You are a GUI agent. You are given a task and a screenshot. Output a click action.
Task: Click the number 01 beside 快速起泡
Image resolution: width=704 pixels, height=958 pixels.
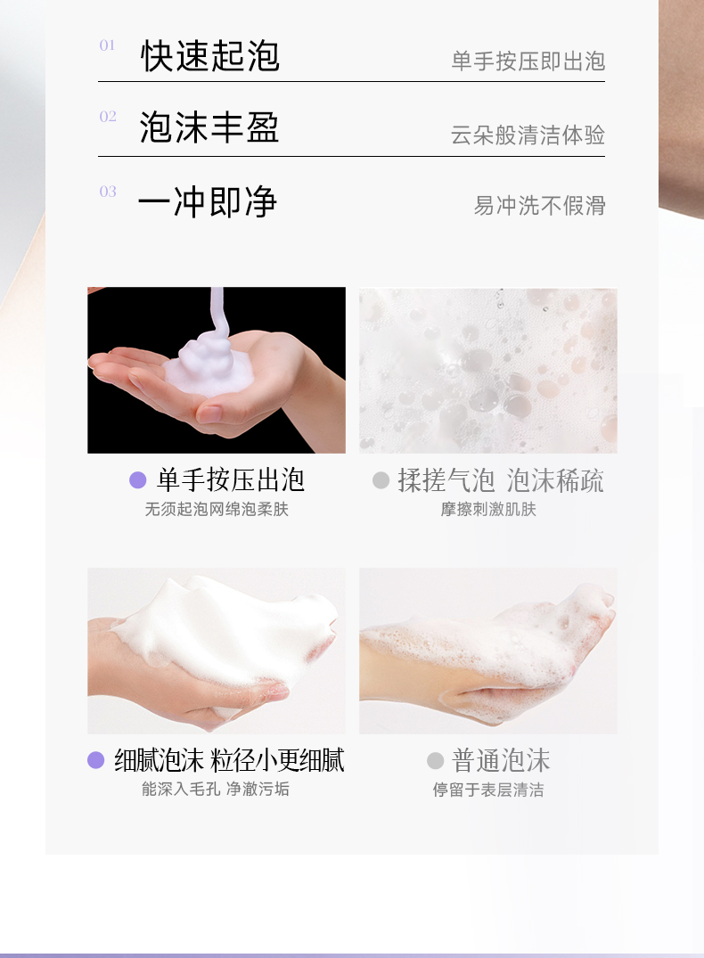tap(107, 45)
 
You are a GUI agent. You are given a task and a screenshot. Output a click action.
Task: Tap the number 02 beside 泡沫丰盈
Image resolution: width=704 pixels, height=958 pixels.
tap(108, 117)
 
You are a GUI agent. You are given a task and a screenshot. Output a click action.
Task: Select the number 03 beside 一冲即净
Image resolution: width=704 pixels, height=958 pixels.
tap(108, 192)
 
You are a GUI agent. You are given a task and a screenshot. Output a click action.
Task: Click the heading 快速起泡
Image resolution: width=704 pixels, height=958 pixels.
tap(210, 56)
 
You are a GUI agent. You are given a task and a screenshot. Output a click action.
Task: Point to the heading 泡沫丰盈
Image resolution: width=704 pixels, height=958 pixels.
tap(209, 127)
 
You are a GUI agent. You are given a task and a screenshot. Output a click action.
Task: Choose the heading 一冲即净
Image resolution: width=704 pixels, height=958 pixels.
tap(207, 201)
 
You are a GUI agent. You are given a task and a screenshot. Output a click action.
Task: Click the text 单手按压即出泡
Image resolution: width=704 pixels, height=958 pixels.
tap(528, 61)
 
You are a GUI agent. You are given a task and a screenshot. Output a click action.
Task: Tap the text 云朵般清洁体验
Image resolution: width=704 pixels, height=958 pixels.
tap(528, 135)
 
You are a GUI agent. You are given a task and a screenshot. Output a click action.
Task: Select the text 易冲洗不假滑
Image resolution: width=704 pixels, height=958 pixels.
tap(540, 206)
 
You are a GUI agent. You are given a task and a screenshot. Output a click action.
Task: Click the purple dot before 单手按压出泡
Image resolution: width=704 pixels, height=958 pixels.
tap(138, 480)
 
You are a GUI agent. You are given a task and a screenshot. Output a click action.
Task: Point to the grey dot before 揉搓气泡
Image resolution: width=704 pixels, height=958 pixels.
tap(381, 480)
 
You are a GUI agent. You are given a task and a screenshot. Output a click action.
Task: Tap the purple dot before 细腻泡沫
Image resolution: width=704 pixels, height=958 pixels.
tap(96, 760)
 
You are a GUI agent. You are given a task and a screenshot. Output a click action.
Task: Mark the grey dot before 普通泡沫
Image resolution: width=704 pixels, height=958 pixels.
tap(435, 761)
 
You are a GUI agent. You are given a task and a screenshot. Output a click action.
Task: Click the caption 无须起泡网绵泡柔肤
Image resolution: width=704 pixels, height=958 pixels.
tap(217, 509)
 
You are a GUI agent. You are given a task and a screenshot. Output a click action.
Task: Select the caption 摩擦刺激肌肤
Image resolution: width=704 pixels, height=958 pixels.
tap(488, 509)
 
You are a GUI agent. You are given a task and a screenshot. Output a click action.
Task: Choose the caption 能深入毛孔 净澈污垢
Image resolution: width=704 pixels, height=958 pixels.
tap(216, 789)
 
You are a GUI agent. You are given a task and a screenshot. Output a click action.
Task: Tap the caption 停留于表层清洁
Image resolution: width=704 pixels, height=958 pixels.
tap(488, 790)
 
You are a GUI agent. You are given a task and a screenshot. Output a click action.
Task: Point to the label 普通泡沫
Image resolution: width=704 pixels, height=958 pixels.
tap(501, 761)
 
